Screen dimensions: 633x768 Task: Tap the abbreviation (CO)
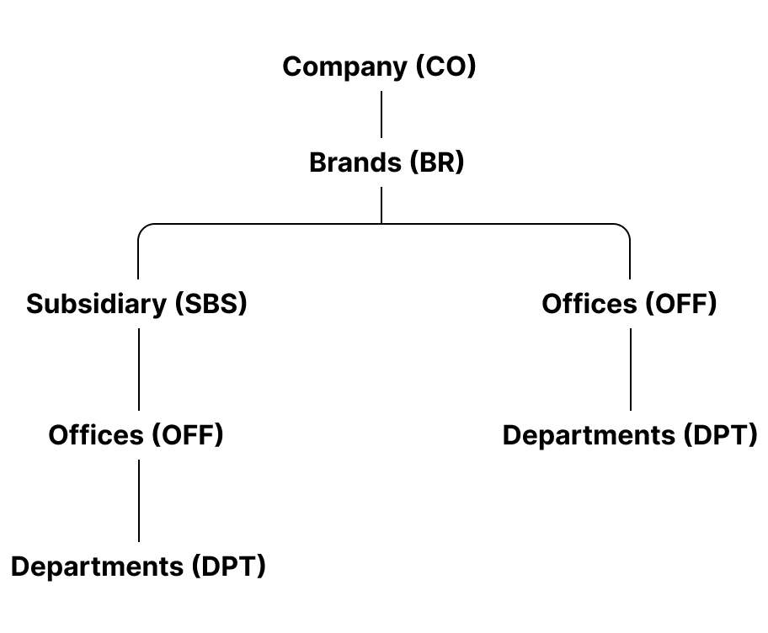[445, 67]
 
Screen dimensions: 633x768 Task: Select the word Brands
[355, 162]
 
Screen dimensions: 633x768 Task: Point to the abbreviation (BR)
[436, 162]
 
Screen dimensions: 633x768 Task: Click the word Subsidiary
[97, 304]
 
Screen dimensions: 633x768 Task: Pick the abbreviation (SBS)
[211, 304]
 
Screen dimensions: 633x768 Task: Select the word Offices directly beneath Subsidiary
[96, 435]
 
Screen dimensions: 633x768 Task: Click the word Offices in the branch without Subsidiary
[589, 304]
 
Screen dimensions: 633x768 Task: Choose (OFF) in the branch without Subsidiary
[680, 304]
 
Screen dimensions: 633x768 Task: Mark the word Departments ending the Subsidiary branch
[97, 567]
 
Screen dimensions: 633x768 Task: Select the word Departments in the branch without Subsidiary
[589, 435]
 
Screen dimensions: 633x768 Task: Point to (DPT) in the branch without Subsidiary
[721, 435]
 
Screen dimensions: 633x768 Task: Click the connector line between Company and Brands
[381, 114]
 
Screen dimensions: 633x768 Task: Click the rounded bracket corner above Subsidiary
[143, 228]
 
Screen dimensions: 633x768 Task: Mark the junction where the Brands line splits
[381, 223]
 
